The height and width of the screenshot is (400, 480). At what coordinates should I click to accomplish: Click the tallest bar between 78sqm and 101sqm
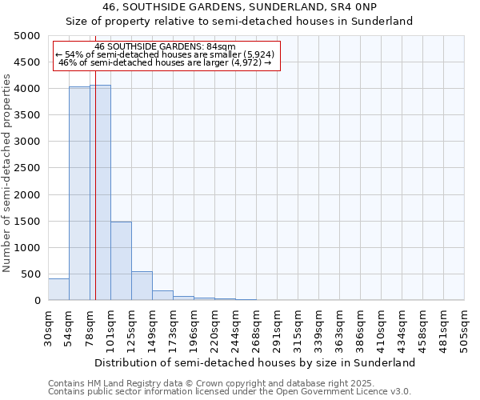[x=100, y=192]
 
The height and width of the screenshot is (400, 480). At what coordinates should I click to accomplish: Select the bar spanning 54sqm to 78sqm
[x=79, y=193]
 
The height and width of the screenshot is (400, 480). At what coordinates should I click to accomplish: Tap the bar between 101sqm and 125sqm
[x=121, y=261]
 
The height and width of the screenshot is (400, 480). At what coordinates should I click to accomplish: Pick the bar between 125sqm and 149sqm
[x=142, y=286]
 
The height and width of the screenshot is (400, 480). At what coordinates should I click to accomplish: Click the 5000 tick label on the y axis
[x=26, y=36]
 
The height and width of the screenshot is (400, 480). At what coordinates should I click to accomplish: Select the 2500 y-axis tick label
[x=26, y=168]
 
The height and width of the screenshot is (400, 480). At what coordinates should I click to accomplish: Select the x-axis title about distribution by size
[x=256, y=362]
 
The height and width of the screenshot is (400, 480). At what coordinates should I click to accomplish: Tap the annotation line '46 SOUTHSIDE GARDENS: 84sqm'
[x=165, y=47]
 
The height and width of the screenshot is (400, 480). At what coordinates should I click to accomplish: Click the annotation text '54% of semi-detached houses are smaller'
[x=165, y=54]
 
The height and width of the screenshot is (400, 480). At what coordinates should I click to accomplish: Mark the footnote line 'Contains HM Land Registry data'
[x=210, y=384]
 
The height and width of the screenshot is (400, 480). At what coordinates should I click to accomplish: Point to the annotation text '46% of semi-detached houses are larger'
[x=166, y=62]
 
